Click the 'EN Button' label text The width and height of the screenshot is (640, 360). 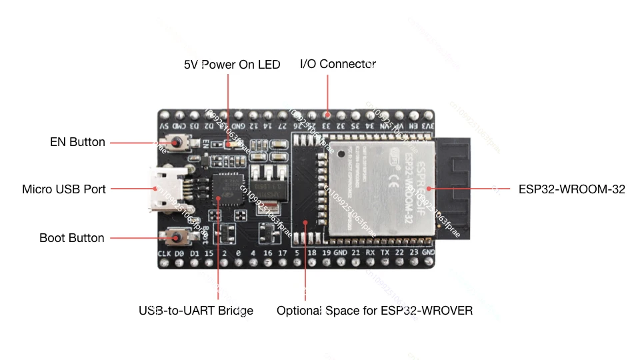click(x=77, y=142)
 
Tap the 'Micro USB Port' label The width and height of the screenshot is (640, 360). click(x=64, y=189)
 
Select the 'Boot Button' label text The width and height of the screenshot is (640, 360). click(x=72, y=238)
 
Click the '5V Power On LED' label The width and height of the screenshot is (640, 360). click(x=232, y=65)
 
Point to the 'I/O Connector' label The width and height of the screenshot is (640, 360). click(x=338, y=64)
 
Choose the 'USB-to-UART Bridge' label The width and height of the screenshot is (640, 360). click(x=196, y=311)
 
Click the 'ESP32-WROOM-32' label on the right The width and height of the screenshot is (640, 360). click(x=572, y=189)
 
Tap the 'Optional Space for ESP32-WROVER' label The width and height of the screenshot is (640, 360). click(x=375, y=311)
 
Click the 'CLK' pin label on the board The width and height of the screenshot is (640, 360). click(x=165, y=253)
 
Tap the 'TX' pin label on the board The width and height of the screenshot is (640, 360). click(x=385, y=253)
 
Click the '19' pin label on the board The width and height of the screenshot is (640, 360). click(x=327, y=253)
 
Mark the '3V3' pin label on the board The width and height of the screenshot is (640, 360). click(x=428, y=125)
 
